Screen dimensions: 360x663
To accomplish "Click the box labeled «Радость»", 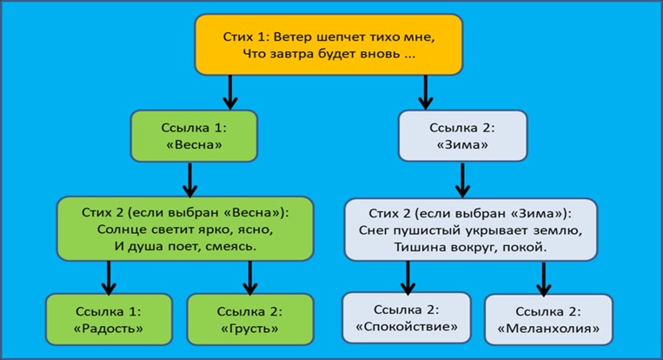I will [109, 319].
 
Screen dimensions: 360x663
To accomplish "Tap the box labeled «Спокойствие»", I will [407, 318].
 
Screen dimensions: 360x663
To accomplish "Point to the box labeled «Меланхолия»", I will [547, 319].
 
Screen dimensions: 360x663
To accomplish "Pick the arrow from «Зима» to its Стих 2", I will [463, 181].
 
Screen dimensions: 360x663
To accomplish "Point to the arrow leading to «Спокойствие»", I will [407, 277].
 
